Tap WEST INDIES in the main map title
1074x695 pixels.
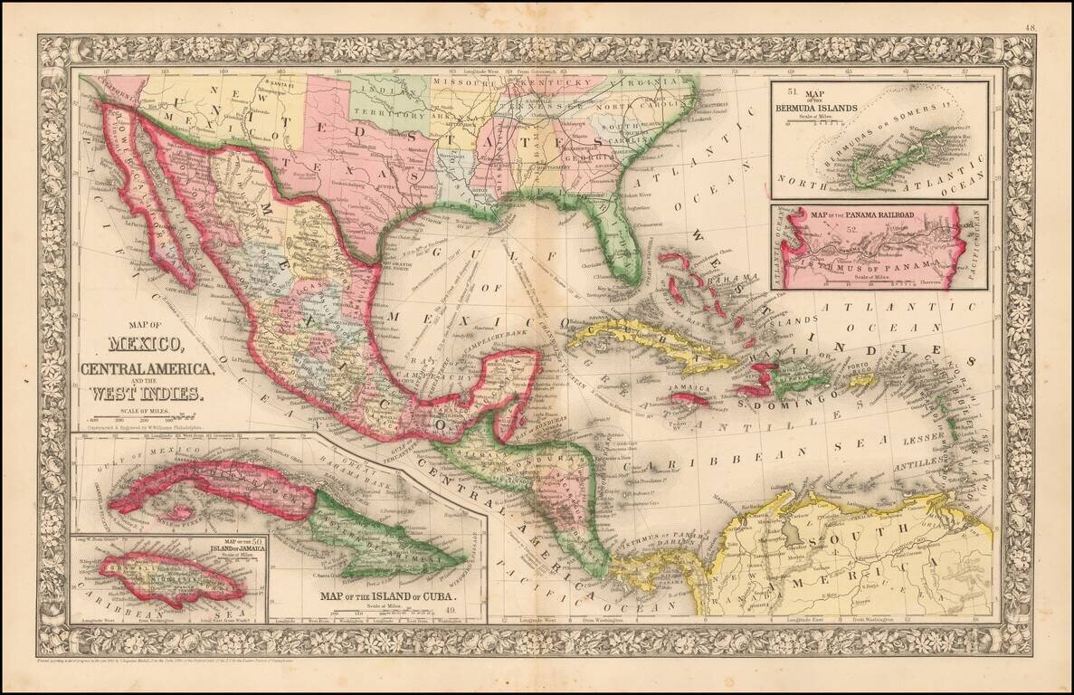pyautogui.click(x=148, y=394)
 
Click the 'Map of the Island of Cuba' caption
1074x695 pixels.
pyautogui.click(x=385, y=598)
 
